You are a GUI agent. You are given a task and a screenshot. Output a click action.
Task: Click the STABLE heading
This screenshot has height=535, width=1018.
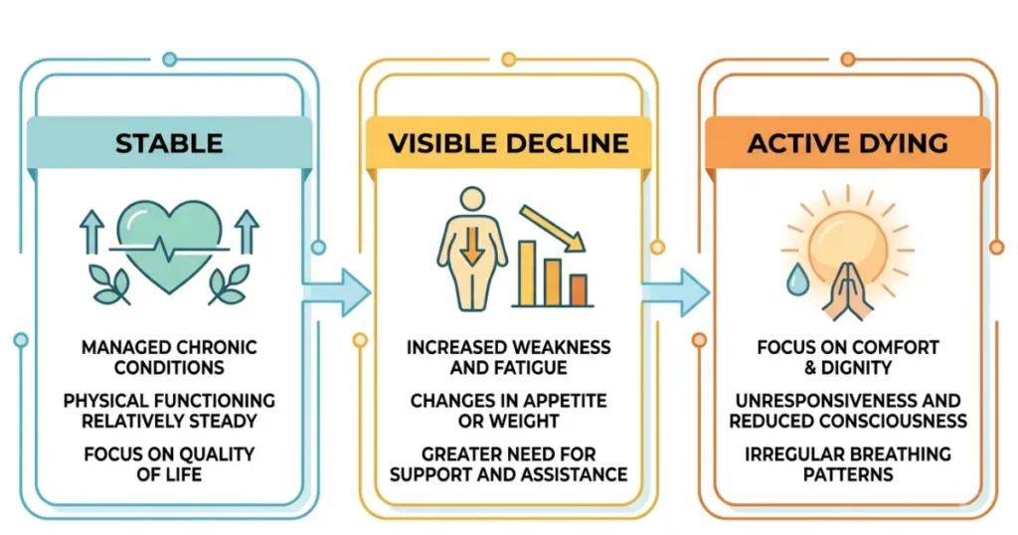pyautogui.click(x=169, y=143)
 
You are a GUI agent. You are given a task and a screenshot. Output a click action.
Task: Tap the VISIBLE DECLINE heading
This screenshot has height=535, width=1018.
pyautogui.click(x=508, y=143)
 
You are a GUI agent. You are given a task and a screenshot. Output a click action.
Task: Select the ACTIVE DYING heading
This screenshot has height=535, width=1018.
pyautogui.click(x=847, y=143)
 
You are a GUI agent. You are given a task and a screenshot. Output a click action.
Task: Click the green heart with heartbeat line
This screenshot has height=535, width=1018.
pyautogui.click(x=169, y=245)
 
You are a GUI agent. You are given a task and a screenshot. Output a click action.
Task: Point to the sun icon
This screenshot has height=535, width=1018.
pyautogui.click(x=848, y=244)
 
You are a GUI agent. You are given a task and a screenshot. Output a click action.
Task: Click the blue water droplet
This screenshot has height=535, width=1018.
pyautogui.click(x=797, y=279)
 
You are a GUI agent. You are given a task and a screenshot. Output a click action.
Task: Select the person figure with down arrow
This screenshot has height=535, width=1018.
pyautogui.click(x=472, y=249)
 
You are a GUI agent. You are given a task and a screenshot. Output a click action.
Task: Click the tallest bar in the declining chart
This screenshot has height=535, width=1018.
pyautogui.click(x=527, y=272)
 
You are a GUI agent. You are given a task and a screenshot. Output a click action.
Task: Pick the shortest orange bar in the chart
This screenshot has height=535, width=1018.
pyautogui.click(x=579, y=289)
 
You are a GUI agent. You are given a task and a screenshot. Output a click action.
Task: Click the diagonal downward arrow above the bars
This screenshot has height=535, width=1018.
pyautogui.click(x=553, y=228)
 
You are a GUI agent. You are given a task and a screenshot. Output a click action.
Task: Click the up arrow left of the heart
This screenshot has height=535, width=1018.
pyautogui.click(x=91, y=232)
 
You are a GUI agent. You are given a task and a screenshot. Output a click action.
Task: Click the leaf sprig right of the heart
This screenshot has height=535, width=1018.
pyautogui.click(x=229, y=284)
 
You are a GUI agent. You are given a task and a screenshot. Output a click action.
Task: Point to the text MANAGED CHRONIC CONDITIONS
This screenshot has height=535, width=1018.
pyautogui.click(x=169, y=357)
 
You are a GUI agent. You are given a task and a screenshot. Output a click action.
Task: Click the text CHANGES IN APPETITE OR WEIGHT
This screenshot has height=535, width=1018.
pyautogui.click(x=508, y=411)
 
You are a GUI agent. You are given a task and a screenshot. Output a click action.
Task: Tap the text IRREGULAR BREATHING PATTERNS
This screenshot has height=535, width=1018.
pyautogui.click(x=847, y=463)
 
